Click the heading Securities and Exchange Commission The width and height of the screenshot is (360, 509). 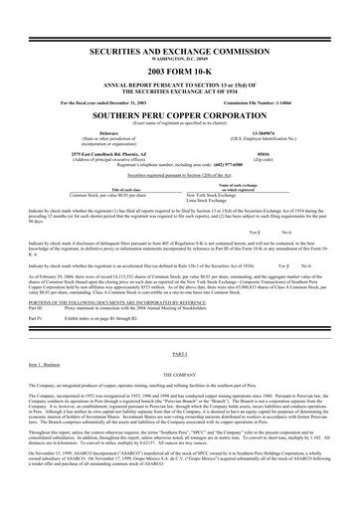click(179, 48)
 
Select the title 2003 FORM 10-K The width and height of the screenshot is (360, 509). click(179, 73)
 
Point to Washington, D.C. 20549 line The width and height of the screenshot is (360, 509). click(179, 57)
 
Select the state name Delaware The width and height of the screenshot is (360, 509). click(109, 130)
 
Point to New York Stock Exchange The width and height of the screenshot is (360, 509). click(210, 196)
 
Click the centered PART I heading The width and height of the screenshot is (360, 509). click(180, 326)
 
